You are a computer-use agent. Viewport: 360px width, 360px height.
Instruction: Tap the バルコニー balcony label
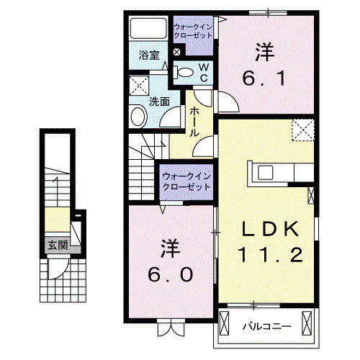click(266, 326)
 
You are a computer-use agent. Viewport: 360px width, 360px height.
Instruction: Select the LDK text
click(269, 230)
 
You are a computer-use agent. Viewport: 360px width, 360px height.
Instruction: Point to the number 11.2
click(269, 254)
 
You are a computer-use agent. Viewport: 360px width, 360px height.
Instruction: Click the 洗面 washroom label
click(159, 102)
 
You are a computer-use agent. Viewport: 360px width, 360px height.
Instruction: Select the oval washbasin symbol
click(138, 117)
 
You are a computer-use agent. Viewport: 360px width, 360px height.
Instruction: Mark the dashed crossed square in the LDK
click(302, 130)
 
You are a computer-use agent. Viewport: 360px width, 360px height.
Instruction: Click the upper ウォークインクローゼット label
click(193, 32)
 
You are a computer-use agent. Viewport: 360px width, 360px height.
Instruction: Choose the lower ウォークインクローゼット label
click(186, 181)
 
